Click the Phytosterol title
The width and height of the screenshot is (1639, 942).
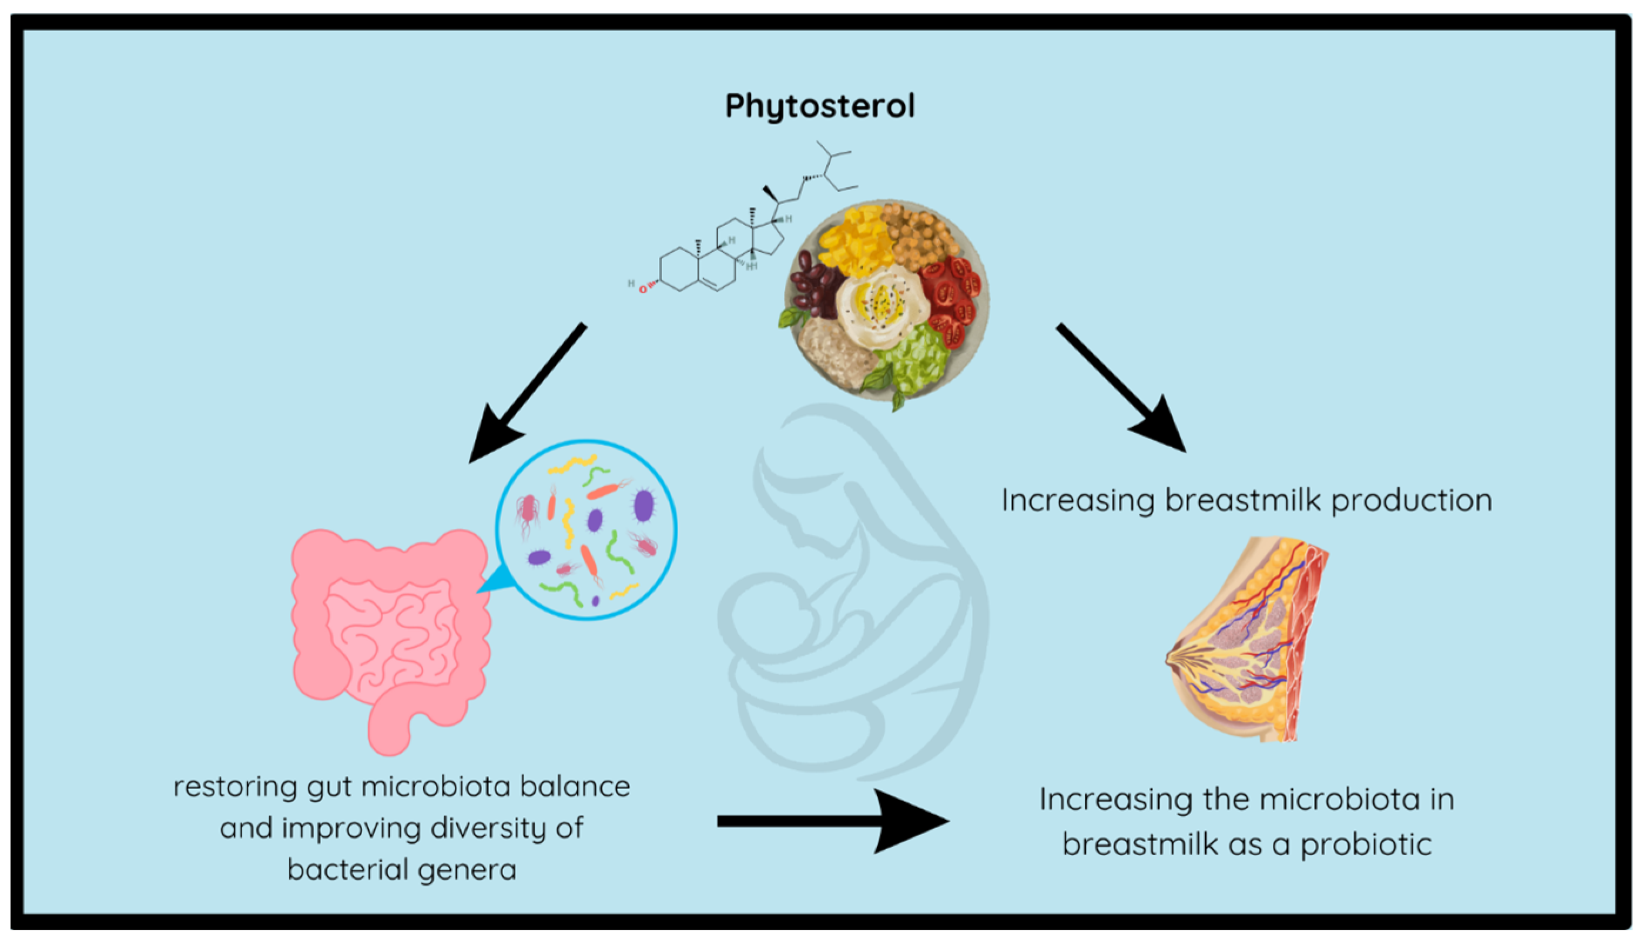819,105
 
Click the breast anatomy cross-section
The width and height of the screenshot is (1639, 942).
1248,641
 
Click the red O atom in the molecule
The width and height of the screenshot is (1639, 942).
642,289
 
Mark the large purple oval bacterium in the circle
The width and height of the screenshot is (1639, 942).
643,505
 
